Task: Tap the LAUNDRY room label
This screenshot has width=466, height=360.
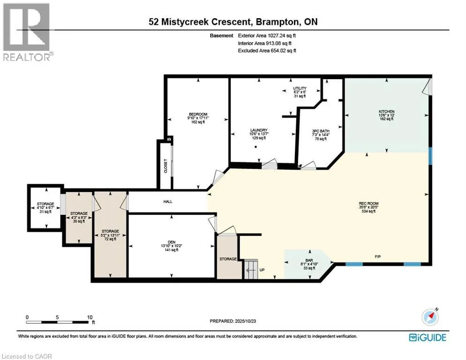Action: (x=258, y=130)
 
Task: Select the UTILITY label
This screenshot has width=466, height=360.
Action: (x=300, y=88)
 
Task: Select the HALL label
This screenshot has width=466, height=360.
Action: (x=168, y=202)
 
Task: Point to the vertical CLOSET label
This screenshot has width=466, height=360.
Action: (x=165, y=166)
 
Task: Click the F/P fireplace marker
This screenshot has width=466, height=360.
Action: (x=377, y=257)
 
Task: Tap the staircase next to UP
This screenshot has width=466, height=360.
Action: (x=251, y=270)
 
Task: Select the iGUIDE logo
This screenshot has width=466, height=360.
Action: (x=427, y=337)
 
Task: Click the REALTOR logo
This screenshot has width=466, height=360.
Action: (x=27, y=31)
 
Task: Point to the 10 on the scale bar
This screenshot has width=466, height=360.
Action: (x=90, y=317)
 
